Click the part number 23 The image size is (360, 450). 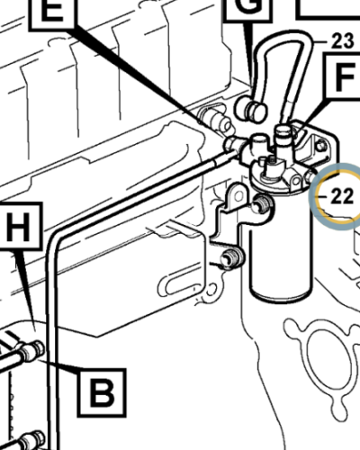click(342, 39)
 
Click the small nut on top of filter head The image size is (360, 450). click(285, 135)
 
